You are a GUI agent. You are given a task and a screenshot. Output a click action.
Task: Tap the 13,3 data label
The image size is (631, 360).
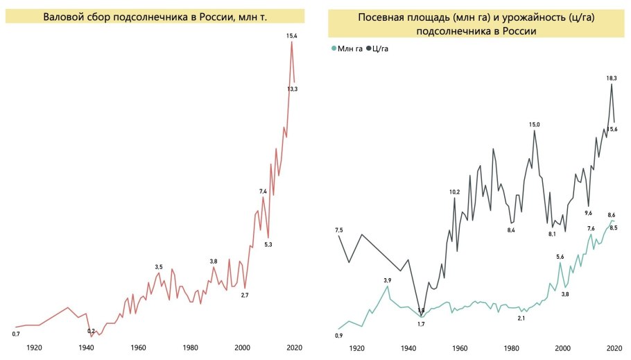point(292,89)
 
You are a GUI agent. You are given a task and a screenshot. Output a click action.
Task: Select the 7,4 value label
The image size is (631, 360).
point(263,191)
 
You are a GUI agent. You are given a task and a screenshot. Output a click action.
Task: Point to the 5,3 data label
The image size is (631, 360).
point(268,244)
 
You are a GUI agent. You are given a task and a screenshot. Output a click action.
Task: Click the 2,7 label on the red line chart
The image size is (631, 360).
point(244,295)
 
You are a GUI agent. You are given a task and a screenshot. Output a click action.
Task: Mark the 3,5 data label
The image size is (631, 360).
point(159,267)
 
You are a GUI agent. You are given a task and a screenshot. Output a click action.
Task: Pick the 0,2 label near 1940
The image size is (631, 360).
point(91,321)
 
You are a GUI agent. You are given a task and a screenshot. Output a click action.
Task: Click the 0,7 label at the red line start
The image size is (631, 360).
point(16,334)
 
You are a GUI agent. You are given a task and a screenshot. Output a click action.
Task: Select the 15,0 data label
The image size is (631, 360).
point(534,124)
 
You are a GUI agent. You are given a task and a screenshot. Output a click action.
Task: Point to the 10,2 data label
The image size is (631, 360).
point(454,191)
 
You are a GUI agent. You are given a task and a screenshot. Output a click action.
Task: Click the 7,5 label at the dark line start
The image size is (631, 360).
point(338,230)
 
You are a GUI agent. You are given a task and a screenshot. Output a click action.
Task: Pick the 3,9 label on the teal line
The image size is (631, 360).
point(388,280)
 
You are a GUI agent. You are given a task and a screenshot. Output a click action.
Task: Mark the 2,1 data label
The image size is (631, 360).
point(521,318)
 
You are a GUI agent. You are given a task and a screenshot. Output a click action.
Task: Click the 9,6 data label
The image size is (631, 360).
point(588,213)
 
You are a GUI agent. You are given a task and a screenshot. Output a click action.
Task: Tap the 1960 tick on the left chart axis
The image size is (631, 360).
point(138,348)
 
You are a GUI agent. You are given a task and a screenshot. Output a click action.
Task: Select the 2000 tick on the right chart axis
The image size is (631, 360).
point(563,349)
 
